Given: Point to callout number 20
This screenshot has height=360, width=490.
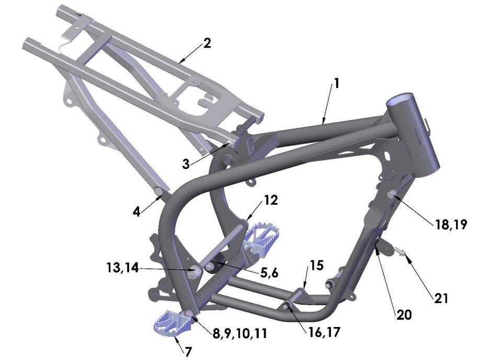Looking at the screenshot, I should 404,316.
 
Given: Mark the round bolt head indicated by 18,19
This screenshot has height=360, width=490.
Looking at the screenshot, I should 392,196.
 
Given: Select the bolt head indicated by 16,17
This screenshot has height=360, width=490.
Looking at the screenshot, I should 287,306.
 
